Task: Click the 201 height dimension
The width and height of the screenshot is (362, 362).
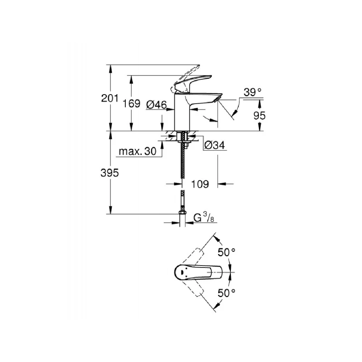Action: coord(110,98)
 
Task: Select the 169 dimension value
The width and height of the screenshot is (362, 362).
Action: coord(132,104)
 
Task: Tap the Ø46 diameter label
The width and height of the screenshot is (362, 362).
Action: coord(156,105)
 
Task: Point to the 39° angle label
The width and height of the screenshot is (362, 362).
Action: coord(253,92)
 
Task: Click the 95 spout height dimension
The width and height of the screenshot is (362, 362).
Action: coord(259,115)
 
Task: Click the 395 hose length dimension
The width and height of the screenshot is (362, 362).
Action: coord(110,172)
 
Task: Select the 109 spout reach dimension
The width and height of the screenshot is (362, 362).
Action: coord(199,184)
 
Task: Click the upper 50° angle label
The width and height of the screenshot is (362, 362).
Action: coord(227,252)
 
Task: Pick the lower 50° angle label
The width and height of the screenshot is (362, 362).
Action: coord(227,293)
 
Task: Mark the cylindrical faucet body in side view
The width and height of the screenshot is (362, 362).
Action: coord(183,113)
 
